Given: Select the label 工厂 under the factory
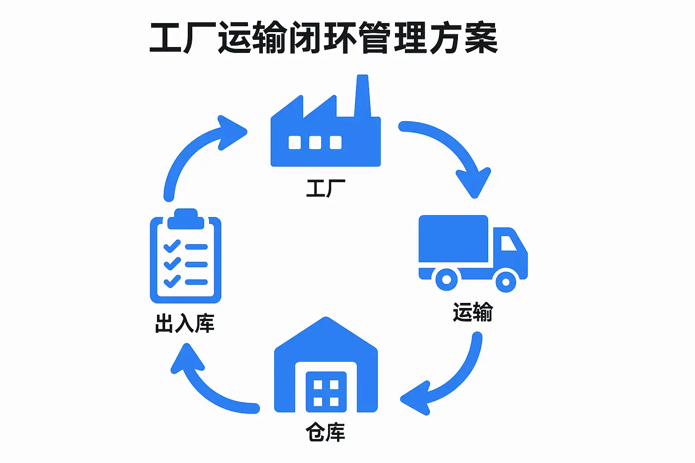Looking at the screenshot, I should point(325,188).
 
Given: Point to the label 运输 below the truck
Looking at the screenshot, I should point(472,312).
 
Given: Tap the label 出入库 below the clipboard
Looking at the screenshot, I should point(185,324).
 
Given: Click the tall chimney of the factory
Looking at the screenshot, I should point(362,97).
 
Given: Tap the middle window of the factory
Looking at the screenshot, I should point(315,142).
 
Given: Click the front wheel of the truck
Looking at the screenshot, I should point(506,282).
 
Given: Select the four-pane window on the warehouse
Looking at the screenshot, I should point(326,392).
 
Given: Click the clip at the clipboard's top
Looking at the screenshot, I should point(186,219).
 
